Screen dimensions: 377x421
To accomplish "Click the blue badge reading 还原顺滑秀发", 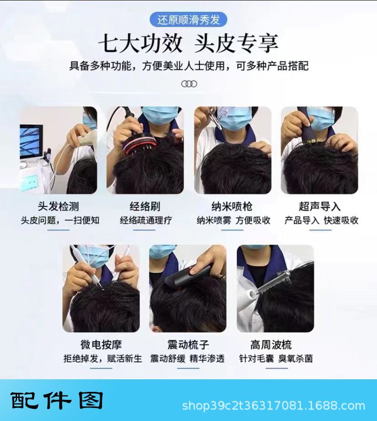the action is [x=188, y=20].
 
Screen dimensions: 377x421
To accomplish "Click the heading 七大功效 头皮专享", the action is [x=188, y=44].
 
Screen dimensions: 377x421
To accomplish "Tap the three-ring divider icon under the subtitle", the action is [x=189, y=84].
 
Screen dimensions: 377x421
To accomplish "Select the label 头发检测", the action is [x=58, y=206].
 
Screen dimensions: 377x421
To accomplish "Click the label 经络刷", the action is [x=145, y=206].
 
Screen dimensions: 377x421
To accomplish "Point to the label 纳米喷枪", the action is [x=232, y=206].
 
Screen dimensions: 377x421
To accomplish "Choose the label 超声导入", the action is [x=320, y=206].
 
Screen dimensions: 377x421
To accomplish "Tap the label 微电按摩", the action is [x=101, y=345].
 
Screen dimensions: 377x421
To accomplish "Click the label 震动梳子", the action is [x=188, y=345].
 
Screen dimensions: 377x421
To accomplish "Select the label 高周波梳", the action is [x=271, y=345].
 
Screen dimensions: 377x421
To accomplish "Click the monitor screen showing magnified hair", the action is [x=32, y=142].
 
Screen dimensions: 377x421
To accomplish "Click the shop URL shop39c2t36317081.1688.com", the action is [x=273, y=405].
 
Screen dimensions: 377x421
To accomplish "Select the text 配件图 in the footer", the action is [x=57, y=400].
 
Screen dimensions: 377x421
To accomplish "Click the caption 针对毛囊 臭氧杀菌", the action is [x=276, y=359].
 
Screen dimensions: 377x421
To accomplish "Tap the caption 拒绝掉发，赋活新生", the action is [x=103, y=359].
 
